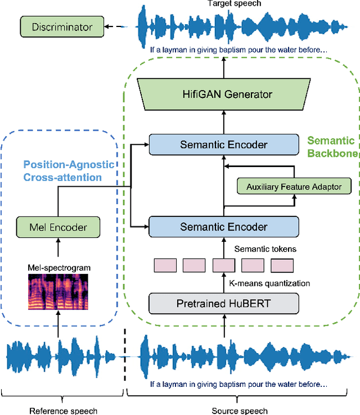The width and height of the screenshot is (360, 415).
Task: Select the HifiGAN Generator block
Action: click(224, 94)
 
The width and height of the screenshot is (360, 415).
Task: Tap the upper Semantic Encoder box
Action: click(223, 145)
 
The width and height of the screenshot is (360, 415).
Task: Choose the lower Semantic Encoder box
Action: click(223, 227)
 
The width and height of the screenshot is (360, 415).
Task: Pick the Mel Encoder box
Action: click(58, 227)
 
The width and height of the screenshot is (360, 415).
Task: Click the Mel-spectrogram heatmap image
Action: click(58, 291)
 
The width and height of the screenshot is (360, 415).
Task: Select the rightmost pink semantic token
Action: click(282, 265)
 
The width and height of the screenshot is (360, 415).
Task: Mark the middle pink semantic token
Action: click(223, 265)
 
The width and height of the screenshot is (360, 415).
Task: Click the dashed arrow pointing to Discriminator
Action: click(119, 27)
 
